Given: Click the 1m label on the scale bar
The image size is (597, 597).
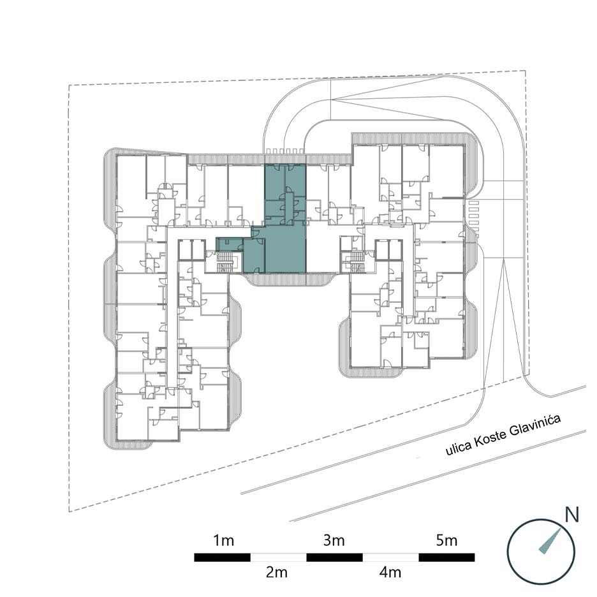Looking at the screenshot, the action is [x=223, y=541].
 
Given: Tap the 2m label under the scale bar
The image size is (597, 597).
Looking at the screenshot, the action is [x=276, y=572].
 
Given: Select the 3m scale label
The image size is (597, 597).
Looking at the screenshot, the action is [x=334, y=541].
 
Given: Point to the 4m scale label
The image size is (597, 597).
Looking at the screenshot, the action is [x=390, y=572].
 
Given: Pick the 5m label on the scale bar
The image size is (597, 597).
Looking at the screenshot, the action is [x=446, y=541].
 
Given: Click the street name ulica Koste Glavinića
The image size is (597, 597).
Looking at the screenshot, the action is [x=503, y=435].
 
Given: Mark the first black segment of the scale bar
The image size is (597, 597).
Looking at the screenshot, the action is [x=223, y=557].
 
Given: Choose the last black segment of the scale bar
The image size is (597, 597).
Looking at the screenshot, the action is [x=446, y=557].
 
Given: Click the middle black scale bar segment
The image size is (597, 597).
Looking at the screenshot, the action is [x=334, y=557].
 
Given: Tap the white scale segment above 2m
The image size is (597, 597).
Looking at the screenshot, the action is [x=278, y=557].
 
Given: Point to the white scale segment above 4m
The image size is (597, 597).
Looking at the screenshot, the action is [x=390, y=557].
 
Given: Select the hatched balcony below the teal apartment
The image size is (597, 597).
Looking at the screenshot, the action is [x=288, y=280].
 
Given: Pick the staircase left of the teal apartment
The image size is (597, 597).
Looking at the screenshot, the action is [x=226, y=262].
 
